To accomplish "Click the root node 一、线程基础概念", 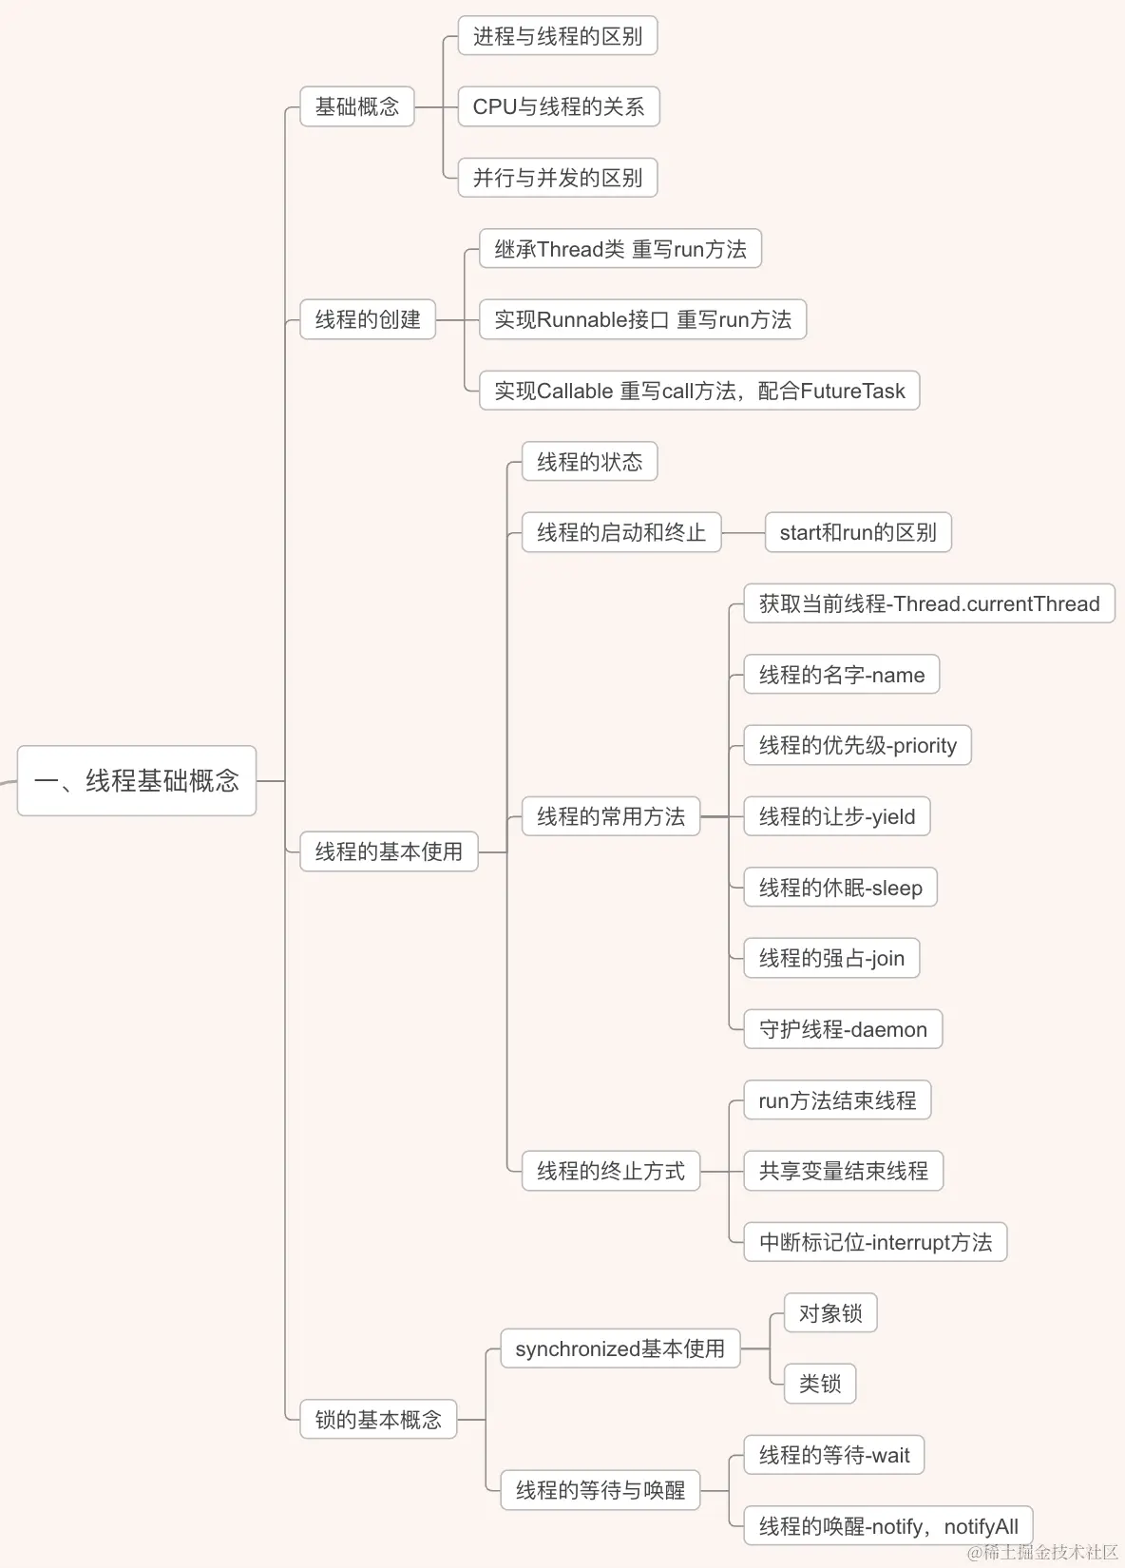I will coord(137,781).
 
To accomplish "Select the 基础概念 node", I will coord(357,106).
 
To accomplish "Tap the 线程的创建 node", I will coord(368,319).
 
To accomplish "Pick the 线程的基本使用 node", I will coord(389,851).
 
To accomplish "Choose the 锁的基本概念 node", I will coord(378,1420).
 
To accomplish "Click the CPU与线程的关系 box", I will coord(559,106).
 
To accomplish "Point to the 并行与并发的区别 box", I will coord(558,178).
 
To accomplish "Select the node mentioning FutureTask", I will coord(699,391).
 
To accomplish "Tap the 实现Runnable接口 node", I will coord(642,319).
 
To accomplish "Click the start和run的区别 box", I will coord(858,532).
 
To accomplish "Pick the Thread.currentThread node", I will coord(929,603).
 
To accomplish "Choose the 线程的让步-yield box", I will coord(837,816).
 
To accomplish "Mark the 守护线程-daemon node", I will coord(843,1029).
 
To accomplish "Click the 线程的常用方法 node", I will coord(611,816).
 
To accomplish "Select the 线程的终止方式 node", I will coord(611,1171).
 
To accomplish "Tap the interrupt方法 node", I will coord(875,1242).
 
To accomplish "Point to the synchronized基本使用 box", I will coord(620,1348).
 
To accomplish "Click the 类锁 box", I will coord(820,1384).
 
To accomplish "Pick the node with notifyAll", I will coord(888,1526).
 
